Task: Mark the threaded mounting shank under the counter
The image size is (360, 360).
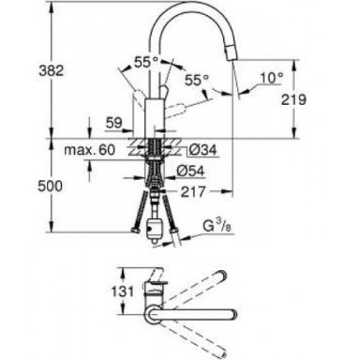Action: [x=153, y=163]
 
